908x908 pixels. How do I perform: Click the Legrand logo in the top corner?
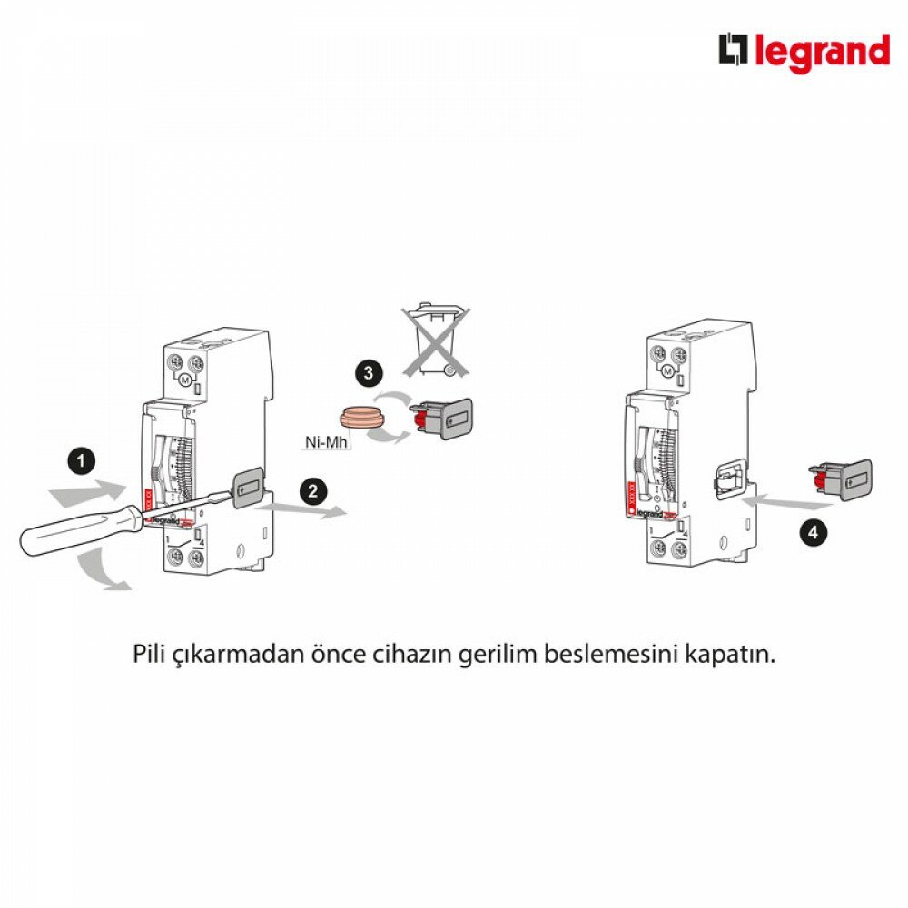pyautogui.click(x=804, y=52)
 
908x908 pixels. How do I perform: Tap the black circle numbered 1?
pyautogui.click(x=83, y=462)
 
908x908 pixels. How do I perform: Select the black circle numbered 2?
pyautogui.click(x=312, y=491)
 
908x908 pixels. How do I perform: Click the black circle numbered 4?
pyautogui.click(x=813, y=532)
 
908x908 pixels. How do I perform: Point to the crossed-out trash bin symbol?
pyautogui.click(x=437, y=342)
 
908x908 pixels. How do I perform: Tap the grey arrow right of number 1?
pyautogui.click(x=87, y=493)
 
